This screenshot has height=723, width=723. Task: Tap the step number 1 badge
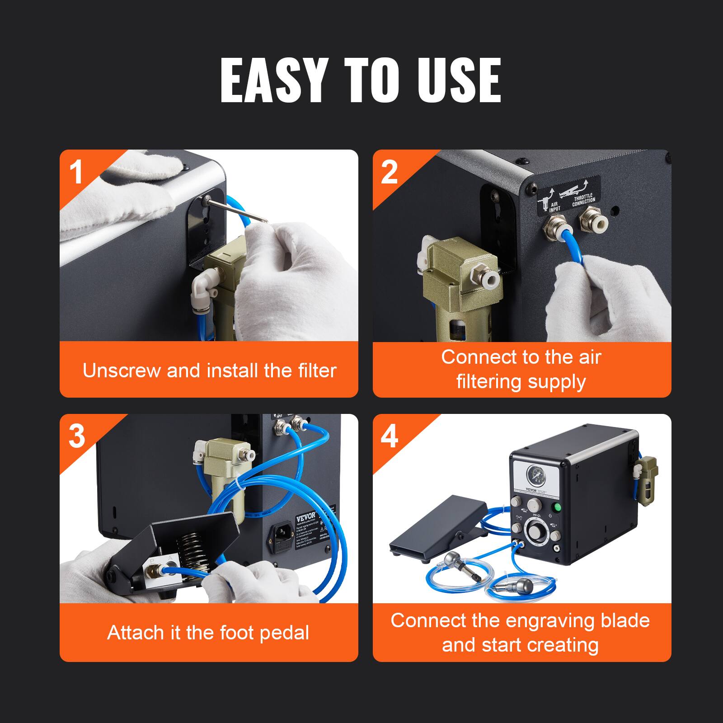(76, 172)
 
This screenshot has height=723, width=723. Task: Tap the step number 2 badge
(389, 172)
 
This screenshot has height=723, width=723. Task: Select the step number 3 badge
(76, 436)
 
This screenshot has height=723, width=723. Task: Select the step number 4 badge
(389, 436)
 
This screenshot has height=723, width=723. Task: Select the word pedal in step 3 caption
(287, 633)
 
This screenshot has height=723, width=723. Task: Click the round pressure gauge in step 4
(535, 475)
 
